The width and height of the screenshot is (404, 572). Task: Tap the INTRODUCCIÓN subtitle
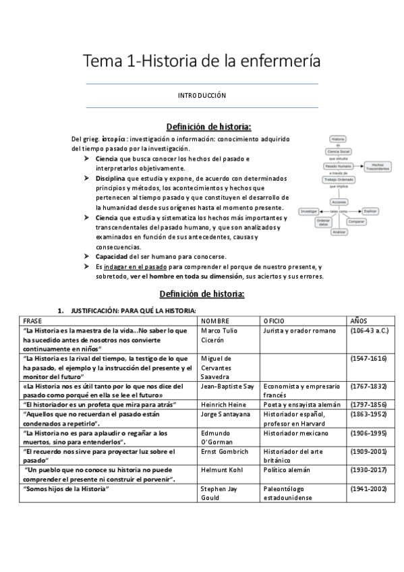pyautogui.click(x=202, y=96)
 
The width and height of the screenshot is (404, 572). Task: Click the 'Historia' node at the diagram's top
pyautogui.click(x=339, y=138)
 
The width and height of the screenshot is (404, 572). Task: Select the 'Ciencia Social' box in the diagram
pyautogui.click(x=339, y=152)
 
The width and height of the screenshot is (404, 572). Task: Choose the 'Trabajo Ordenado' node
pyautogui.click(x=339, y=179)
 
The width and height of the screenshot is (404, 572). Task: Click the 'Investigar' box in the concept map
pyautogui.click(x=310, y=212)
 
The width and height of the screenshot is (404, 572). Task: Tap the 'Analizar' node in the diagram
pyautogui.click(x=339, y=231)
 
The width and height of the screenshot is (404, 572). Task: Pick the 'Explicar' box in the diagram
pyautogui.click(x=368, y=212)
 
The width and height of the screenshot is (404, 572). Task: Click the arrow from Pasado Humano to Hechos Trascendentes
pyautogui.click(x=359, y=165)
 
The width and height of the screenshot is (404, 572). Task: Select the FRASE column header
pyautogui.click(x=33, y=320)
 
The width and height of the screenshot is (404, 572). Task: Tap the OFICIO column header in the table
pyautogui.click(x=275, y=320)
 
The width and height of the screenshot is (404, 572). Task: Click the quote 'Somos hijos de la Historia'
pyautogui.click(x=67, y=488)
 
